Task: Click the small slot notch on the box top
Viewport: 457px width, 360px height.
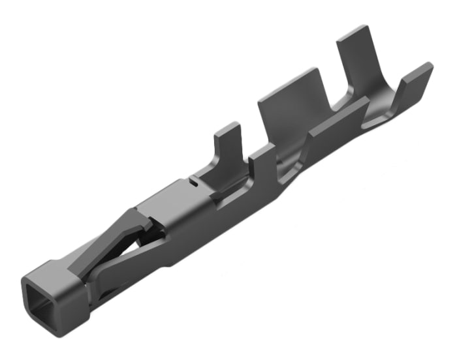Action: pos(194,183)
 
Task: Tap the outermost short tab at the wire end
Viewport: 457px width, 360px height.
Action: pos(415,81)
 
